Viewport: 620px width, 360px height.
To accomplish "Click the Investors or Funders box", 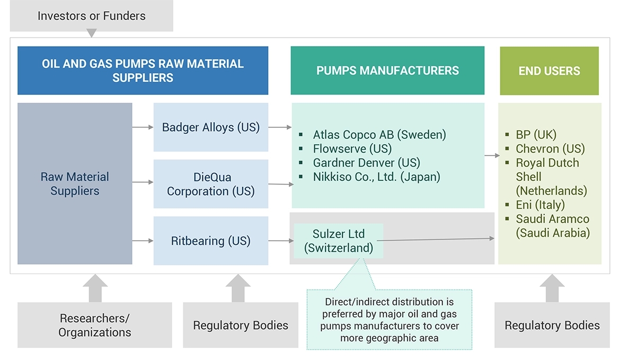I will coord(92,16).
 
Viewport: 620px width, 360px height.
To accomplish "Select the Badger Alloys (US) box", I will coord(211,127).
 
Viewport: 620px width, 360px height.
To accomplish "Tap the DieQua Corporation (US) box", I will coord(211,184).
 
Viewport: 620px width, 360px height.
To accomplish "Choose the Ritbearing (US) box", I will coord(211,241).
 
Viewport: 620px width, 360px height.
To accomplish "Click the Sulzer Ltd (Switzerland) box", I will coord(339,241).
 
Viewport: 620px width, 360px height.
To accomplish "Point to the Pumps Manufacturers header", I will coord(387,71).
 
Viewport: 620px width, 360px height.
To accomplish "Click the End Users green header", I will coord(549,71).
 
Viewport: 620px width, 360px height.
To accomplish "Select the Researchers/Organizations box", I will coord(95,325).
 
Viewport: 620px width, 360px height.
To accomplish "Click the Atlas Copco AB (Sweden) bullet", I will coord(379,135).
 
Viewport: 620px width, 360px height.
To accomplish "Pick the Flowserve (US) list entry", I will coord(352,149).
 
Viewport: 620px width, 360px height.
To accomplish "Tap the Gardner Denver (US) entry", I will coord(367,163).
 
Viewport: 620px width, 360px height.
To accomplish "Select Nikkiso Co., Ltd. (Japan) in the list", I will coord(376,177).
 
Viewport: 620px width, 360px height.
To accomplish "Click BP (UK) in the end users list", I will coord(536,135).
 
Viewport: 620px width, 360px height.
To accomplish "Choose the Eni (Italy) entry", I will coord(540,205).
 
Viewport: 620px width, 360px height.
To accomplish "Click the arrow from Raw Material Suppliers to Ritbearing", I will coord(143,241).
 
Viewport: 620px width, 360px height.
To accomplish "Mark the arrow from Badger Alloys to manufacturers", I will coord(280,127).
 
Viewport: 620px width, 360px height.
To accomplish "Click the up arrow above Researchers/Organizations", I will coord(95,288).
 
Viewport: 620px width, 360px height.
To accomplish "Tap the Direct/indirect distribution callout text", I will coord(389,320).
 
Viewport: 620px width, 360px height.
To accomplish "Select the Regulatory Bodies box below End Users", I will coord(552,325).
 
